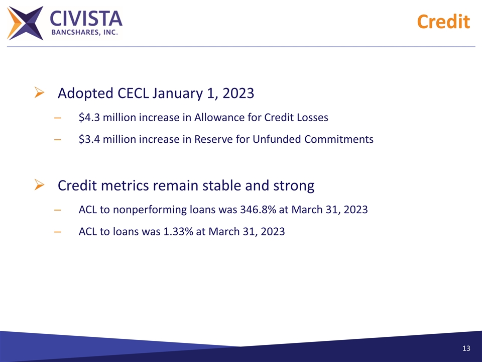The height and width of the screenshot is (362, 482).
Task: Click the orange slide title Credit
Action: tap(443, 22)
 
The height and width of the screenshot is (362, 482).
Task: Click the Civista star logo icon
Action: tap(26, 23)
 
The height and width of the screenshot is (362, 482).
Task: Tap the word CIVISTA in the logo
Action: tap(86, 19)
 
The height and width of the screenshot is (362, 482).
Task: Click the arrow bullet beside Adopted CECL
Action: tap(40, 93)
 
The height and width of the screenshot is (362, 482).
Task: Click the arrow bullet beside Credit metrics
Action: tap(40, 186)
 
